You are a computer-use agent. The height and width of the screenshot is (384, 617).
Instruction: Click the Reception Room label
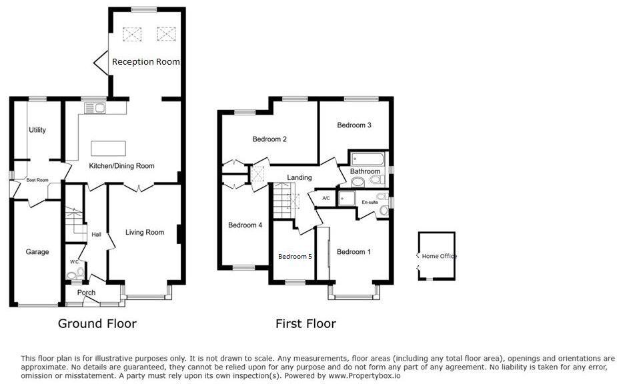145,61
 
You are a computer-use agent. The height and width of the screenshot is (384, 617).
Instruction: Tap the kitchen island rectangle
108,147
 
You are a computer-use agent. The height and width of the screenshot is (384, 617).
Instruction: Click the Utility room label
37,130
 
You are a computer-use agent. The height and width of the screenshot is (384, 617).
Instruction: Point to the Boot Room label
37,179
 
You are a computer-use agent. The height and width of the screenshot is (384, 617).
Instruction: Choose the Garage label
37,252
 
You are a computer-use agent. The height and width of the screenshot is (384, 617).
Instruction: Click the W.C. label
74,261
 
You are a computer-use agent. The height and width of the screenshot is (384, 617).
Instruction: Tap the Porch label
86,293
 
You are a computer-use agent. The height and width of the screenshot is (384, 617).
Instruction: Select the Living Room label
145,233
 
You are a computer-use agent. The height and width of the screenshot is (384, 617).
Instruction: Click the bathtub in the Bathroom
368,159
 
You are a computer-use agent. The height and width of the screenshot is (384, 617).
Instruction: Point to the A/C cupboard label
326,199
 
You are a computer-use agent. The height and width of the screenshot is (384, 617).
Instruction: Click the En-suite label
370,201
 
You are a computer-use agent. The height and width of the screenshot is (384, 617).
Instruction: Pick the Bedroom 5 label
295,257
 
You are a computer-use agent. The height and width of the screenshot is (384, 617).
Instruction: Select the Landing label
299,177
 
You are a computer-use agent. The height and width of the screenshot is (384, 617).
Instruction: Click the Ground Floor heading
97,324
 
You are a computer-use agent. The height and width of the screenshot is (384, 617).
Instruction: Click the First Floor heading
305,324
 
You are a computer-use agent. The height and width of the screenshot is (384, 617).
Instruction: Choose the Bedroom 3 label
354,125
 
